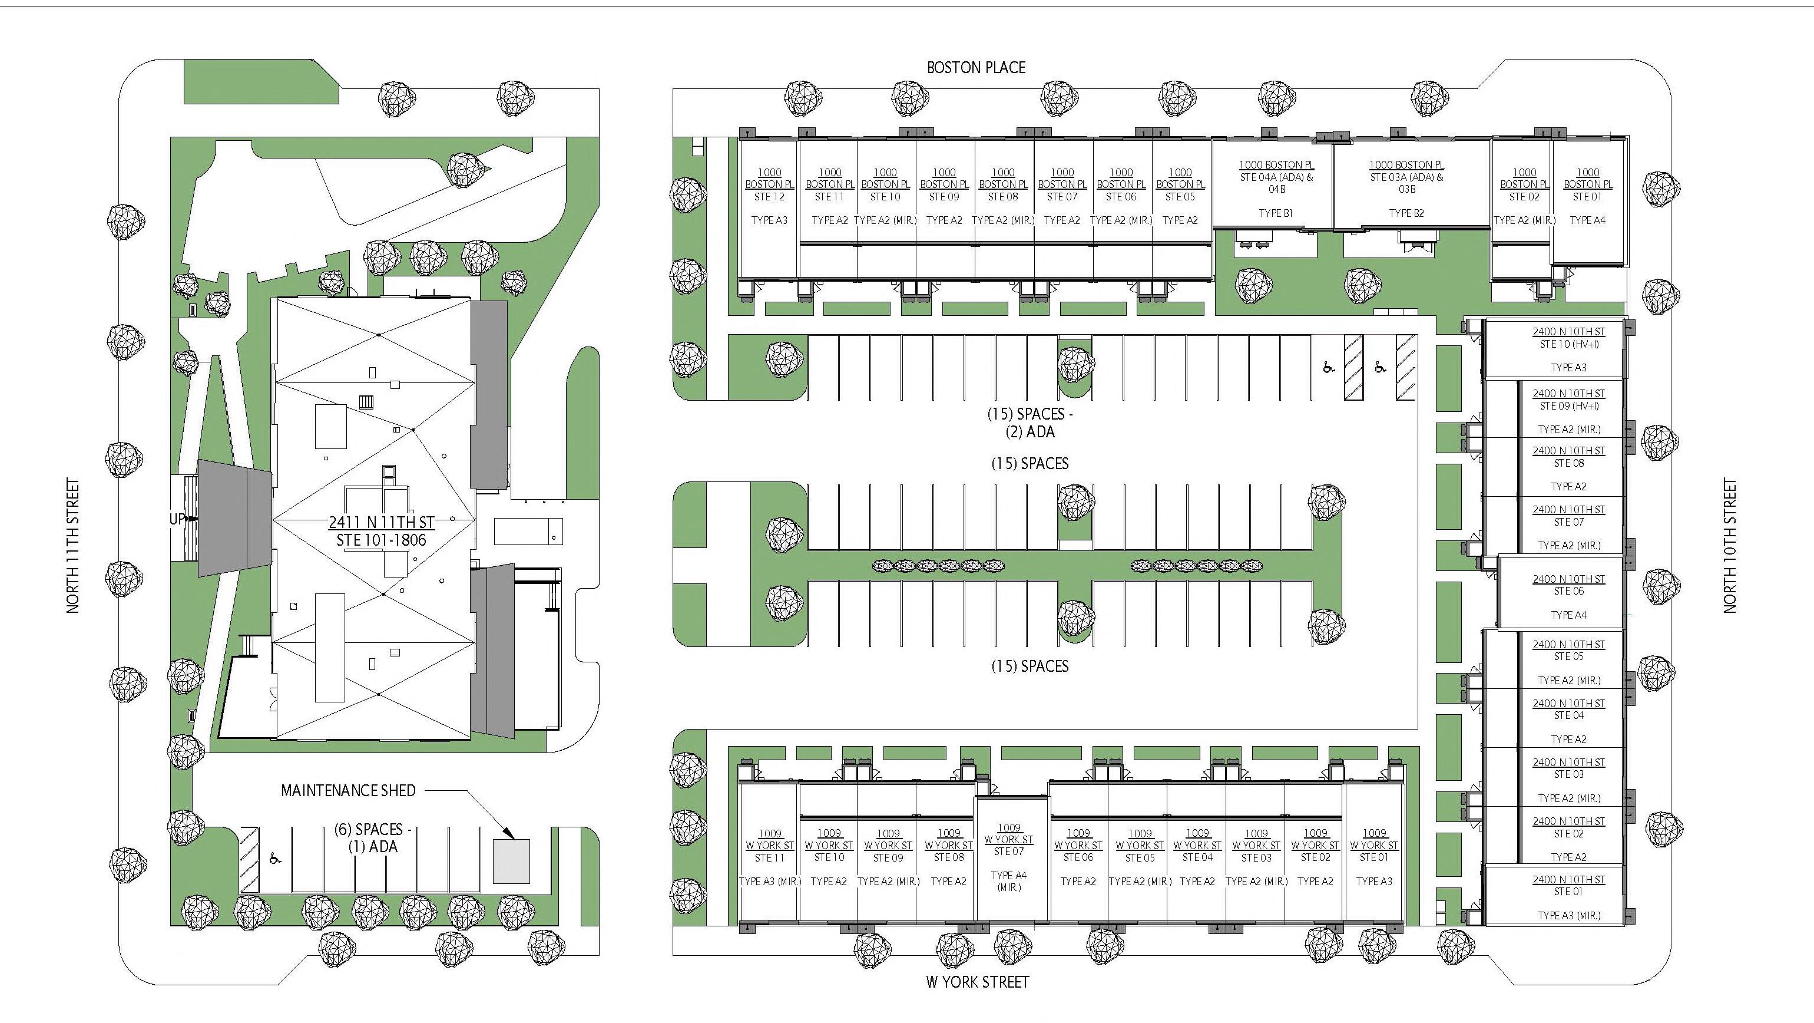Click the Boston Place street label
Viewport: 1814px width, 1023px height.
click(976, 68)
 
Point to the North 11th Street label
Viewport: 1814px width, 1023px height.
click(73, 546)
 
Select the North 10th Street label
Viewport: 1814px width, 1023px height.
click(1730, 546)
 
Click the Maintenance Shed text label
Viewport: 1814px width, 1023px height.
click(348, 790)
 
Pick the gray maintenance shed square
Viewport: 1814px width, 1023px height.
click(511, 861)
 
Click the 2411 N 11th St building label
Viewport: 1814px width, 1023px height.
click(381, 531)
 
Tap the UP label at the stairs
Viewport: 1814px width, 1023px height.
click(177, 519)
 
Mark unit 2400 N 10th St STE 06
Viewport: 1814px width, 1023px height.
click(1568, 592)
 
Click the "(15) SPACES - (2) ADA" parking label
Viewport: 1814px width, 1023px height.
click(1030, 423)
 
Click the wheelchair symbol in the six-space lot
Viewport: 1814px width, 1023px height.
click(274, 858)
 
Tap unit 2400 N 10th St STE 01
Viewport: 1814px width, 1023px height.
click(1568, 897)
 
